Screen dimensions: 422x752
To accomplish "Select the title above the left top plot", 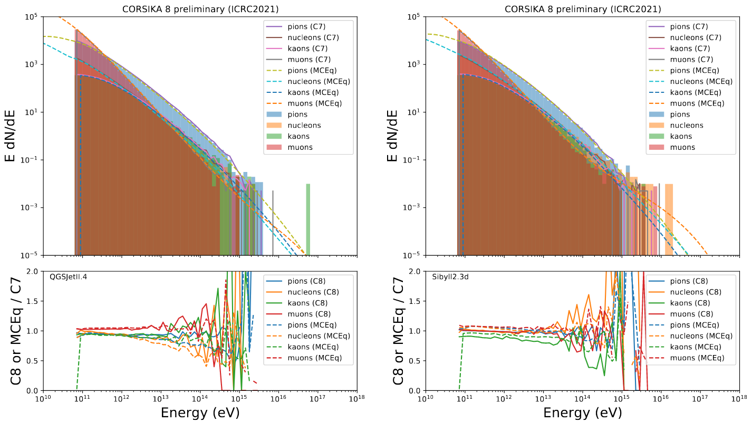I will (200, 9).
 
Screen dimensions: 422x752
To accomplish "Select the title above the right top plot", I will (582, 9).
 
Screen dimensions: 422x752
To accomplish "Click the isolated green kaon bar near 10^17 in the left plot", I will (308, 219).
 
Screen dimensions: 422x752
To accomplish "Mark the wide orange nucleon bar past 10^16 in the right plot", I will (669, 219).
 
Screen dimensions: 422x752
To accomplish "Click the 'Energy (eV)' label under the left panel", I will (200, 412).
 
